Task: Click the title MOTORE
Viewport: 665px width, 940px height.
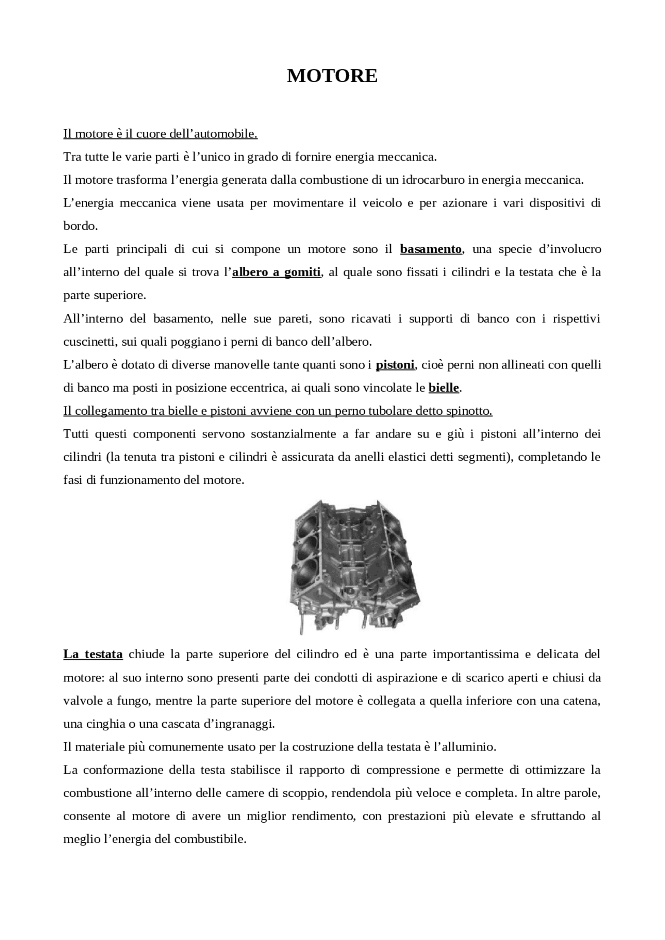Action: point(332,76)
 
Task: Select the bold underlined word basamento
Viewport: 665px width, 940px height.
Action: point(431,249)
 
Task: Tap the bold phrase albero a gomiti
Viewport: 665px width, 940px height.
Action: point(276,272)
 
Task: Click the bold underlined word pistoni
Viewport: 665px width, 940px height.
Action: point(395,365)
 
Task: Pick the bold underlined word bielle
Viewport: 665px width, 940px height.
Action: point(444,388)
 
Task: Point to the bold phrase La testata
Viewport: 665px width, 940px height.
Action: point(93,654)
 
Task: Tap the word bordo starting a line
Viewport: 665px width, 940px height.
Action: point(79,226)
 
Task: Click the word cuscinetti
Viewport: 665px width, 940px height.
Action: point(88,342)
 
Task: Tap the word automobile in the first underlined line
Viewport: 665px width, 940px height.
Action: point(231,134)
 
